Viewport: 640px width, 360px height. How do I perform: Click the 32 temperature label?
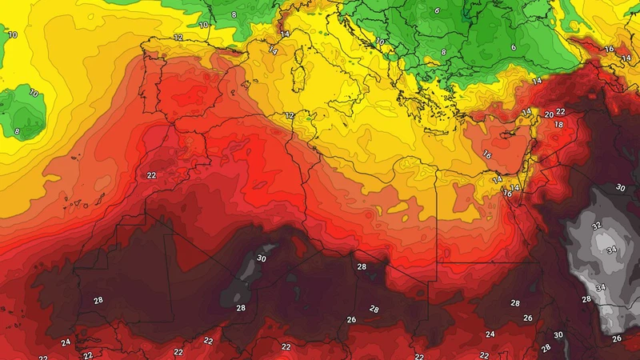[596, 226]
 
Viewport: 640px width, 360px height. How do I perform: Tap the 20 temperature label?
[549, 115]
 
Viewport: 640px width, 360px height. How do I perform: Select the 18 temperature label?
[559, 126]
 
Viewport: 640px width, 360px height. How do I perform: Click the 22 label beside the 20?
[560, 112]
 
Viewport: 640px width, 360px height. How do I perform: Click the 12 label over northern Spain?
[178, 38]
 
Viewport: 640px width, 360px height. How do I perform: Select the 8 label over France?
[234, 15]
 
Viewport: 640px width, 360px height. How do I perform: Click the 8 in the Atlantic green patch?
[17, 131]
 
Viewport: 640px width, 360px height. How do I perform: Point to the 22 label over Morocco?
[150, 175]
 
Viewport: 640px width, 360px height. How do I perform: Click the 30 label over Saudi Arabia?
[620, 187]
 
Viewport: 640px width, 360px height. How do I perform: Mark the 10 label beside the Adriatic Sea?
[380, 42]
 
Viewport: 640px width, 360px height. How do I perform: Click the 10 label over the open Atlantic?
[13, 35]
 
